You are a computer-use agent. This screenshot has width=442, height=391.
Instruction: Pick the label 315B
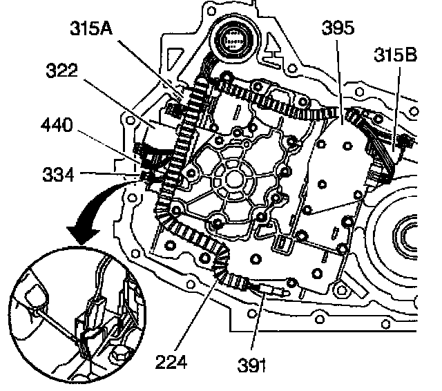394,54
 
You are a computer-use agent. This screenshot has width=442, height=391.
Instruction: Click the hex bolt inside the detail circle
119,358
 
